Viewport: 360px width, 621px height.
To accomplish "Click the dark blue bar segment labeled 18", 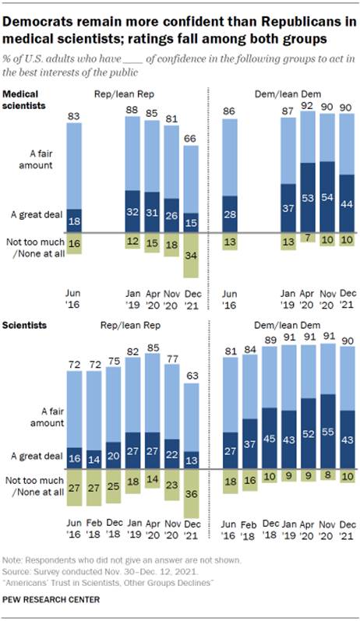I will click(74, 221).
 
